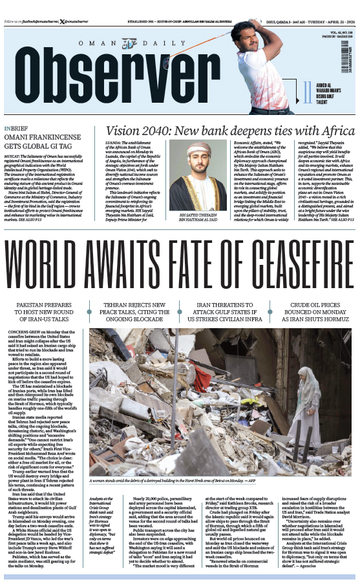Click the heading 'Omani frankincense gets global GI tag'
[46, 140]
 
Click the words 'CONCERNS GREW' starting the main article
[23, 331]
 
